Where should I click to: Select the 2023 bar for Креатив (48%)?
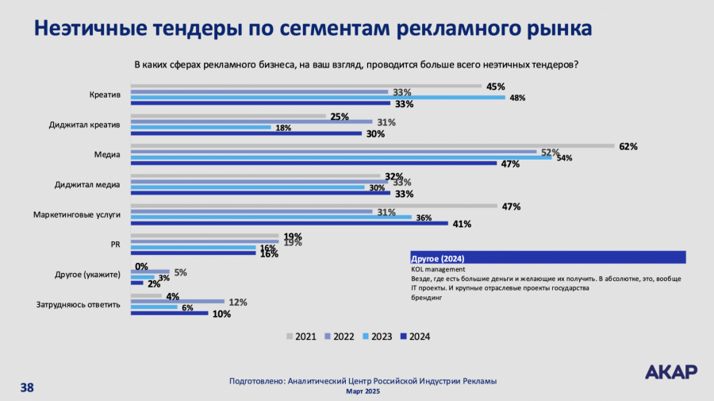(317, 98)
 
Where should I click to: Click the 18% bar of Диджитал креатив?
(200, 128)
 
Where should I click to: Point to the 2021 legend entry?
(301, 336)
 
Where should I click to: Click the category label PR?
(114, 245)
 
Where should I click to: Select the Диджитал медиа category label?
(87, 185)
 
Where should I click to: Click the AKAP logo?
(671, 372)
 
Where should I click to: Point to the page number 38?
(27, 388)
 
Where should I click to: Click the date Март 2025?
(363, 391)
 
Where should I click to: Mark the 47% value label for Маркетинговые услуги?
(511, 206)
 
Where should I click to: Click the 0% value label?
(142, 266)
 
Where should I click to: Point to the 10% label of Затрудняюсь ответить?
(221, 314)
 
